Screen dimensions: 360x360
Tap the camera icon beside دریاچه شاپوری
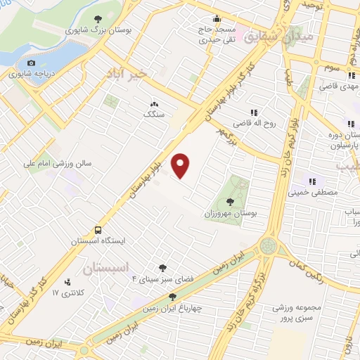pyautogui.click(x=31, y=63)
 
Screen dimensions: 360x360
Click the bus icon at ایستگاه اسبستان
pyautogui.click(x=98, y=231)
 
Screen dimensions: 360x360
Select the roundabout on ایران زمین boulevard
pyautogui.click(x=268, y=246)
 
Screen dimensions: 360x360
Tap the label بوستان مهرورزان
pyautogui.click(x=228, y=213)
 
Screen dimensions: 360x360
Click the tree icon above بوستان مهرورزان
pyautogui.click(x=230, y=202)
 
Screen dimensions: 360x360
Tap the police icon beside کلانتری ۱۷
pyautogui.click(x=67, y=281)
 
